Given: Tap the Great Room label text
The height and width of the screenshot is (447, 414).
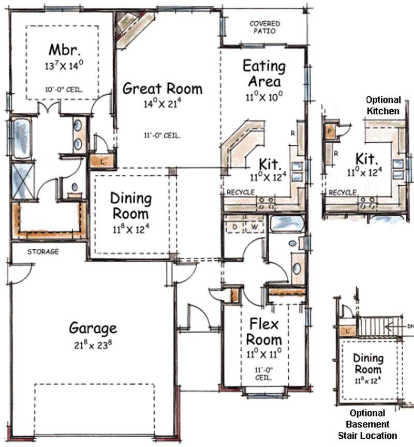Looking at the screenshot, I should point(162,88).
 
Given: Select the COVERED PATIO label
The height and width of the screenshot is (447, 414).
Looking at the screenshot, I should point(264,27).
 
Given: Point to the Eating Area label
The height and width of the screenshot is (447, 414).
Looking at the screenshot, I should point(264,73).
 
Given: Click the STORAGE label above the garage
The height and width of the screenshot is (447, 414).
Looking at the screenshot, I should point(42,252).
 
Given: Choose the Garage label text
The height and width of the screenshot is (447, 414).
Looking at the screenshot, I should point(93,328).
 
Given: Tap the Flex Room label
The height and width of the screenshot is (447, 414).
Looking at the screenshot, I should point(264,332).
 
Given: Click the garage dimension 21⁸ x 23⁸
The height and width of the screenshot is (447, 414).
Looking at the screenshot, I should point(93,344).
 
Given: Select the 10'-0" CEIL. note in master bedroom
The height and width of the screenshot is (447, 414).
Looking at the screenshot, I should point(64,89).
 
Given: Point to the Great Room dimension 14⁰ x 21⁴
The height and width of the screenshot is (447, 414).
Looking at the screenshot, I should point(162,103).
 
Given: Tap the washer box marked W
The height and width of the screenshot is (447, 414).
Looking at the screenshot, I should point(254,227).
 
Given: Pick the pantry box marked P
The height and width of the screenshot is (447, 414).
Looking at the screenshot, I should point(329,131).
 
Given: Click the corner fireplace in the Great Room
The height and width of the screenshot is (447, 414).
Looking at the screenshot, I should point(132,28).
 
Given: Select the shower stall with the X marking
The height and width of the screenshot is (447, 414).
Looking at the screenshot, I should point(22,181).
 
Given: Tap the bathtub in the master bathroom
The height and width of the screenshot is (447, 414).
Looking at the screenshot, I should point(21,138).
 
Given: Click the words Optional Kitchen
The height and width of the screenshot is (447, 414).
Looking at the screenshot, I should point(383,105).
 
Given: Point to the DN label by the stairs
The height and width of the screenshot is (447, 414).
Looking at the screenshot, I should point(409,326).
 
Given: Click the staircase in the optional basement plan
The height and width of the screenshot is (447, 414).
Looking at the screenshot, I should point(379,327).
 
